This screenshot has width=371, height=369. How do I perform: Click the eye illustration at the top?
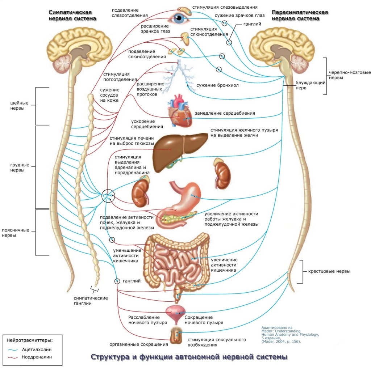pos(180,18)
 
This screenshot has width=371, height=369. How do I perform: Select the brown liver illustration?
pos(178,150)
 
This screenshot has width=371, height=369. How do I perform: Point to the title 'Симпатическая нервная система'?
pos(73,15)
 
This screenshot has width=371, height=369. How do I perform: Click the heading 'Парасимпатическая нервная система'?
pos(302,15)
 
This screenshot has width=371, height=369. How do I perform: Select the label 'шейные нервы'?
pos(18,106)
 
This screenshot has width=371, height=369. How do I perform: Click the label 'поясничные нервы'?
pos(18,233)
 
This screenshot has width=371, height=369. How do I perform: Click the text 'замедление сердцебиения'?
pos(225,113)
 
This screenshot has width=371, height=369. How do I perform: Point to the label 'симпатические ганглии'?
pos(91,301)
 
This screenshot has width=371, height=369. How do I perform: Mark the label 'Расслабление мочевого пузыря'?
pos(147,320)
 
